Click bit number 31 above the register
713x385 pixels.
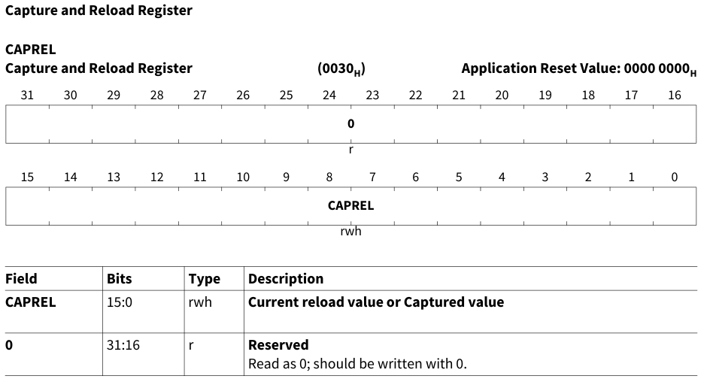point(27,95)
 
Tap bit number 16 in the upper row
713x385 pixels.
point(675,95)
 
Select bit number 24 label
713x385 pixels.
point(329,95)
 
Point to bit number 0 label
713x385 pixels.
point(675,177)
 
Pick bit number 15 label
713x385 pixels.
point(27,177)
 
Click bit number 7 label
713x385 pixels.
point(372,177)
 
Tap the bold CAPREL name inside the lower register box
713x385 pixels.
point(350,205)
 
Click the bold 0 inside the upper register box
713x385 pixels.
point(350,123)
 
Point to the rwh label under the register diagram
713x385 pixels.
point(350,232)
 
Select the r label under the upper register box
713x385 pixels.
point(350,150)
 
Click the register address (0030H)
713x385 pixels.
point(341,68)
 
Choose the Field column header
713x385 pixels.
point(21,279)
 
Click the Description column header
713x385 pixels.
point(286,279)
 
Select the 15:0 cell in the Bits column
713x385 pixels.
point(120,302)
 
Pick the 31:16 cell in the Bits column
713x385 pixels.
point(123,345)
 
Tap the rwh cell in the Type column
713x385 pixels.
point(200,302)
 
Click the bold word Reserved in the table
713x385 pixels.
point(278,345)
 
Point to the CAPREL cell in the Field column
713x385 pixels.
point(31,302)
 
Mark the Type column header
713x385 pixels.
point(204,279)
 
